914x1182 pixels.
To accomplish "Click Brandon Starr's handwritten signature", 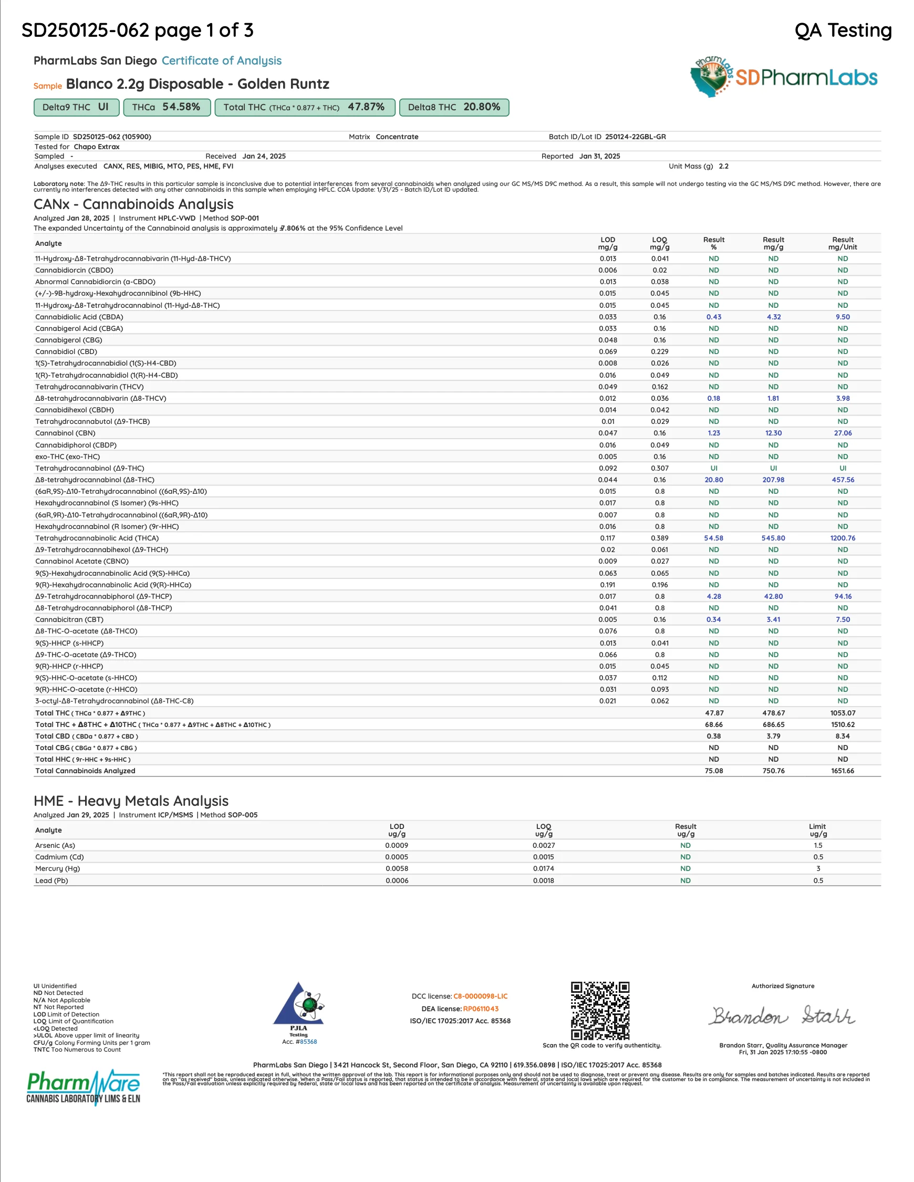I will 783,1016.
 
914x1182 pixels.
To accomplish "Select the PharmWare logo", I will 84,1086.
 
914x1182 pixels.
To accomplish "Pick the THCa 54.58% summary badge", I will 167,107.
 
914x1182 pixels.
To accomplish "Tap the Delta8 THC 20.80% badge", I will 453,107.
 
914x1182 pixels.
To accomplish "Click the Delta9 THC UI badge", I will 76,107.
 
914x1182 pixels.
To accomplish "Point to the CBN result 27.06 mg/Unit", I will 842,433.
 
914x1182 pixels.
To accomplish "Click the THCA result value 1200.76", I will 842,538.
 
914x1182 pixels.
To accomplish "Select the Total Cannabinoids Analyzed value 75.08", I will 713,771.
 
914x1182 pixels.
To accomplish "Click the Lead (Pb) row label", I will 52,880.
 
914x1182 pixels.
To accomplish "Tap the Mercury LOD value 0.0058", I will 397,869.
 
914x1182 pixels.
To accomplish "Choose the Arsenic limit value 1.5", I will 818,845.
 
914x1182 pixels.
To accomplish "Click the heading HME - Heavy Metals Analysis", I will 131,801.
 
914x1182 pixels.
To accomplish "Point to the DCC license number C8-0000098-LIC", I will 480,997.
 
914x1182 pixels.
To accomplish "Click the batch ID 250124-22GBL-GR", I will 635,137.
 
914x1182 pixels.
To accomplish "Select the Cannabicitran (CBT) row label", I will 69,620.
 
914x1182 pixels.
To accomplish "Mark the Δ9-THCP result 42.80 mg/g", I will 773,596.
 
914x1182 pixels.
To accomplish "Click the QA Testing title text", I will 843,30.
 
